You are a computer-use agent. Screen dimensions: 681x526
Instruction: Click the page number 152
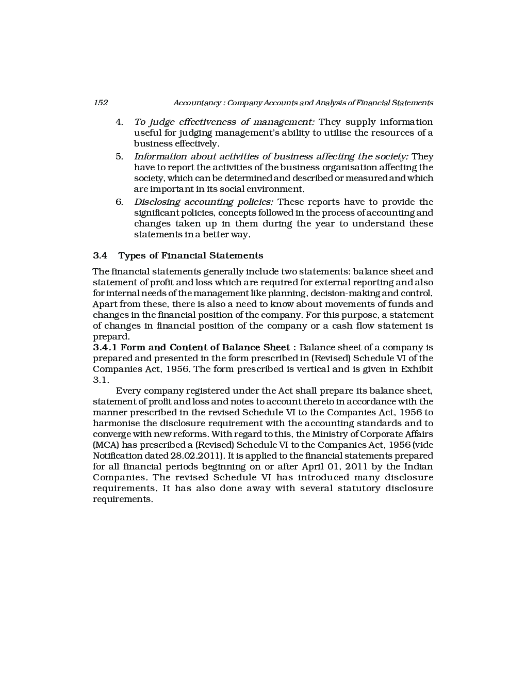pos(101,103)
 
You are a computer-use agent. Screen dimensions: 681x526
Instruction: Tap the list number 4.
pos(119,122)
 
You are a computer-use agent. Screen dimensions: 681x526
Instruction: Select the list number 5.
pos(119,157)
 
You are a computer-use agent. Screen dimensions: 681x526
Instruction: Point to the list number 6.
pos(119,202)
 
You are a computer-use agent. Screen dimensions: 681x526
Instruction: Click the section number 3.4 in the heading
pos(100,256)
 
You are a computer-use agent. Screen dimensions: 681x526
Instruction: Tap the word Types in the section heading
pos(132,256)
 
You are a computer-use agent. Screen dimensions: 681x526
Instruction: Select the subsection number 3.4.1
pos(105,348)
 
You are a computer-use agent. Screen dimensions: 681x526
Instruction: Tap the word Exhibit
pos(417,369)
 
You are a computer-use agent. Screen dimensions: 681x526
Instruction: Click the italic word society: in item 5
pos(391,157)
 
